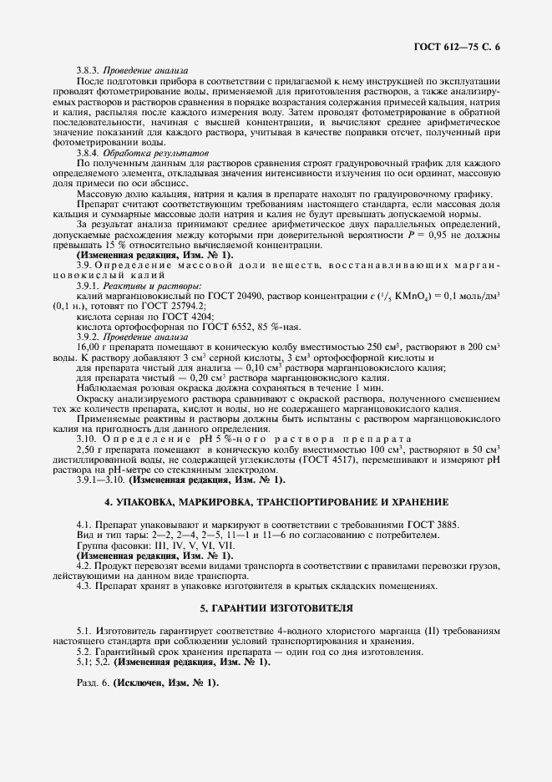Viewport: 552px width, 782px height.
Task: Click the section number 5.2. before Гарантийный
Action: pyautogui.click(x=85, y=651)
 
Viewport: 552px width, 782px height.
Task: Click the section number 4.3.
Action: pyautogui.click(x=85, y=586)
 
